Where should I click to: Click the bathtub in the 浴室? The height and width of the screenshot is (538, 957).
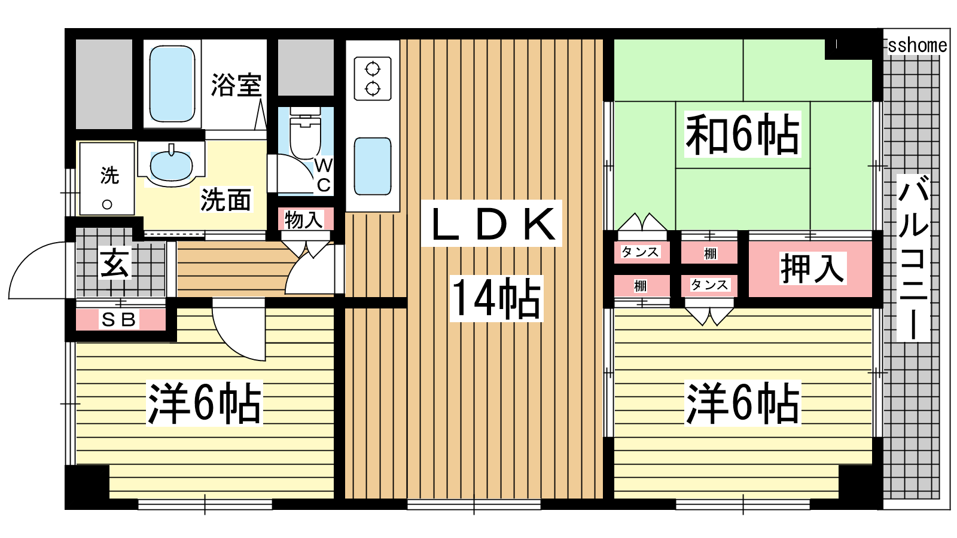172,84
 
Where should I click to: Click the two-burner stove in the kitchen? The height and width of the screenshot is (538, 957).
373,79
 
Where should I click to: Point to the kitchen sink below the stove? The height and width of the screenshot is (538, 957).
373,166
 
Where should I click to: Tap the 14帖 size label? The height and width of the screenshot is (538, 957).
496,298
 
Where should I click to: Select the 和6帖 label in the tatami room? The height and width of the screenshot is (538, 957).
742,134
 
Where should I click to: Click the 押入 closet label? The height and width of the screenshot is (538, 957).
812,268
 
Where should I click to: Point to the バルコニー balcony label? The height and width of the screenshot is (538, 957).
913,258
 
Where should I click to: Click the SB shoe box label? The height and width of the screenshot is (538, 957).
119,319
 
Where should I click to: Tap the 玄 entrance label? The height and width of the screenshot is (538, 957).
114,264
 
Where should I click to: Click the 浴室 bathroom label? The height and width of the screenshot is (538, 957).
236,84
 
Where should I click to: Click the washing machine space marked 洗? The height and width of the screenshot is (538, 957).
107,179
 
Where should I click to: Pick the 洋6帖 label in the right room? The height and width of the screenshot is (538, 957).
742,403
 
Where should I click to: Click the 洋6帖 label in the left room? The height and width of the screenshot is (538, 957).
204,403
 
